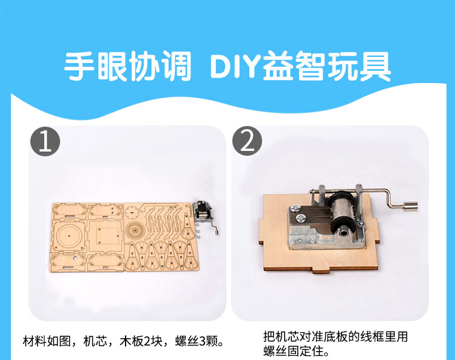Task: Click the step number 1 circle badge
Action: click(x=45, y=141)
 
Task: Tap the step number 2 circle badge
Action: click(x=248, y=141)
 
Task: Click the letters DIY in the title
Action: click(x=234, y=65)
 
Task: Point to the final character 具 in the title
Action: click(x=375, y=65)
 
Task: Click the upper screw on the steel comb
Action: click(x=295, y=208)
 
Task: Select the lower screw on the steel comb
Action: click(x=300, y=218)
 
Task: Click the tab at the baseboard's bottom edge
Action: click(x=322, y=272)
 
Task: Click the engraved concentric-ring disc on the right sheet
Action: click(x=135, y=230)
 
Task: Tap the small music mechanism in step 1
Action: click(x=205, y=215)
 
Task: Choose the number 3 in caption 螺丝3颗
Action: click(x=203, y=341)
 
